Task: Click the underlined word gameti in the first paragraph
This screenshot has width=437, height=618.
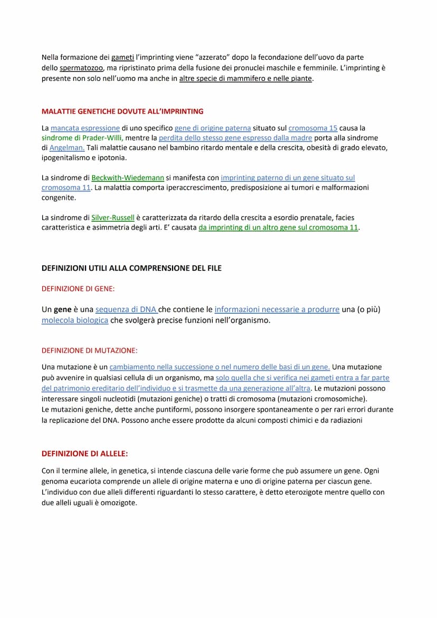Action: tap(122, 57)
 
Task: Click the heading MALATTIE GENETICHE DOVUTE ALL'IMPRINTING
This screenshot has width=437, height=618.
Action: tap(122, 111)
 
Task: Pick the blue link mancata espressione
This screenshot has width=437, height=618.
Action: tap(85, 128)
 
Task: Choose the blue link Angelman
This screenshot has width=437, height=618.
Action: tap(67, 148)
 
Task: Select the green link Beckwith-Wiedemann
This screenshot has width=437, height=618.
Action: tap(128, 178)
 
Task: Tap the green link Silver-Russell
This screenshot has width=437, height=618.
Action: tap(113, 217)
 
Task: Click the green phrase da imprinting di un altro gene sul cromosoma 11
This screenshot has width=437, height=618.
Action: tap(278, 227)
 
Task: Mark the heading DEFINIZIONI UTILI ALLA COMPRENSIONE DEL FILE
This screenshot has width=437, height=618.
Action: tap(131, 268)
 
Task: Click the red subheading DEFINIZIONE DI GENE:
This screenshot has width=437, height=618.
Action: tap(78, 289)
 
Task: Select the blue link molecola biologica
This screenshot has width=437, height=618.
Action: tap(75, 320)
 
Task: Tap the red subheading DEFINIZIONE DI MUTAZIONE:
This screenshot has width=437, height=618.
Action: tap(89, 350)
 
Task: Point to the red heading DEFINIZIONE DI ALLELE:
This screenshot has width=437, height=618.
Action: tap(84, 453)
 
